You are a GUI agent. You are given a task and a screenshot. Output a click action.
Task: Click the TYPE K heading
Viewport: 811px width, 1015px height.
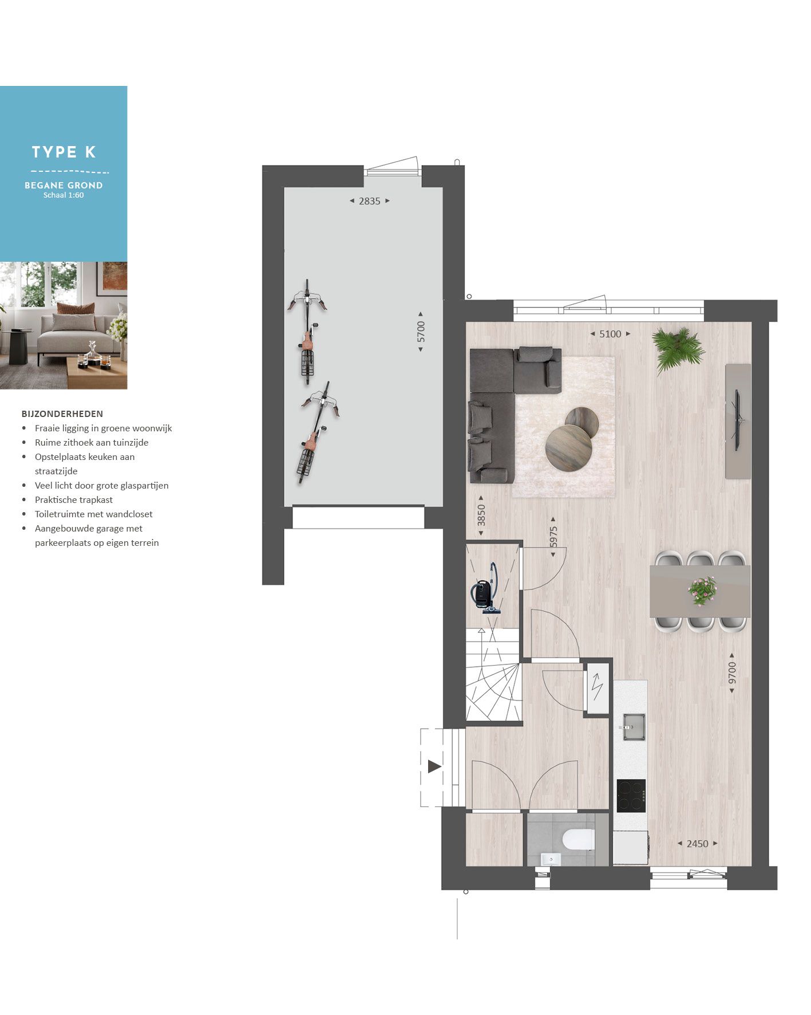[x=64, y=152]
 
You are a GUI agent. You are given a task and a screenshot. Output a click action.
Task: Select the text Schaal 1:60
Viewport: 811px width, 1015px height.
[x=64, y=195]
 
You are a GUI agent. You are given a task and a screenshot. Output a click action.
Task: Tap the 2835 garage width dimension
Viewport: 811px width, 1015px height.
[x=369, y=201]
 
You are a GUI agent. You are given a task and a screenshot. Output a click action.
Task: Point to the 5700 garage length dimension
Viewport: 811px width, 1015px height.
[x=421, y=332]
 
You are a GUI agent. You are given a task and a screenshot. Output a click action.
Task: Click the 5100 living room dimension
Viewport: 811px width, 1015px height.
[x=610, y=334]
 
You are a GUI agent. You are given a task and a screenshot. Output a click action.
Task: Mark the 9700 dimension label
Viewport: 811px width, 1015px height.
[x=732, y=673]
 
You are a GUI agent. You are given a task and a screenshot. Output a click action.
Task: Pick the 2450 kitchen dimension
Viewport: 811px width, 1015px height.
[x=697, y=844]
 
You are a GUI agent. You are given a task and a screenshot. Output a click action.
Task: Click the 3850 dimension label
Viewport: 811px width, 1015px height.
[x=481, y=515]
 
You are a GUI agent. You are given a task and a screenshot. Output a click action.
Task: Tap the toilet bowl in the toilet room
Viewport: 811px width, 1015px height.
[x=579, y=840]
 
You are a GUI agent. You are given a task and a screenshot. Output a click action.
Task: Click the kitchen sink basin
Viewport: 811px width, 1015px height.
[x=634, y=726]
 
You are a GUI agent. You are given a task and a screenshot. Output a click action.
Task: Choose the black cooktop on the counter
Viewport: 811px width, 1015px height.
[x=631, y=796]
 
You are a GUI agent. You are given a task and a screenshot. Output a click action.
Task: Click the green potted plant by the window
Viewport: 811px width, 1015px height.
[x=679, y=348]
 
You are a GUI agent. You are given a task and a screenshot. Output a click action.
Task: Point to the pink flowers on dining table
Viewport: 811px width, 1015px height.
[x=702, y=590]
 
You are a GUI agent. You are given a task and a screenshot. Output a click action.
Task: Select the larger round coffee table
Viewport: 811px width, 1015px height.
[x=568, y=447]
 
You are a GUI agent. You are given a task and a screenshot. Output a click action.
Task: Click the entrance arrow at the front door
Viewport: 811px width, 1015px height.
[x=434, y=766]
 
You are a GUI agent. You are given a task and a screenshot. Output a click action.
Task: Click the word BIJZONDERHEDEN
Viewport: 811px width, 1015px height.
[x=62, y=414]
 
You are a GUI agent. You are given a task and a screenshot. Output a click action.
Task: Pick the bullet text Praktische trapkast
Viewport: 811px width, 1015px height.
[x=74, y=500]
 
